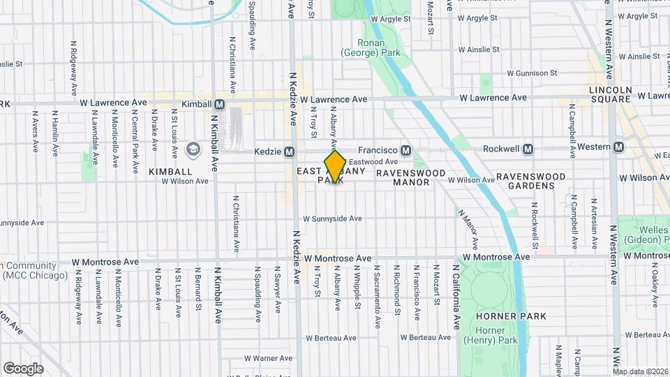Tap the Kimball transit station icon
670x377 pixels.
click(220, 104)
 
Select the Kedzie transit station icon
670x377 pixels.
click(289, 151)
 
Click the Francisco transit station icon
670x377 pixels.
click(405, 151)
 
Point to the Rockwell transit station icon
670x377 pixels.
click(528, 149)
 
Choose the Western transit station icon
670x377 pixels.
click(618, 147)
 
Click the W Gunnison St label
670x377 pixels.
click(532, 73)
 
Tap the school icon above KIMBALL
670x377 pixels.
click(193, 149)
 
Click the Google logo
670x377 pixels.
click(23, 368)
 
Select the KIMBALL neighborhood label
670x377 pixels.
click(170, 171)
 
